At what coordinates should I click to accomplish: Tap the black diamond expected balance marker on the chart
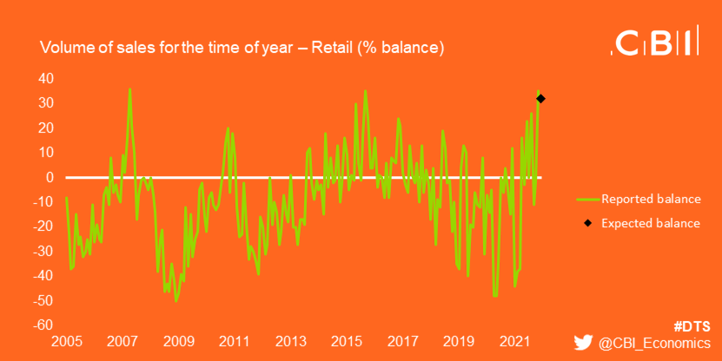click(x=540, y=99)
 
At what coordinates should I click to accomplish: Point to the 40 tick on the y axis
click(x=46, y=78)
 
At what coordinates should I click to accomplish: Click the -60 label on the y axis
click(x=44, y=325)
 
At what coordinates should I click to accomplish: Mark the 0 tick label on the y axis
click(x=50, y=177)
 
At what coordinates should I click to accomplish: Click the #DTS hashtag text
click(x=692, y=326)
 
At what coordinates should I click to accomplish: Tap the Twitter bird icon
click(x=583, y=344)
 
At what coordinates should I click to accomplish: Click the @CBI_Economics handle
click(x=654, y=345)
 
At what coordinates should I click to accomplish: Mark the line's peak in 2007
click(x=129, y=89)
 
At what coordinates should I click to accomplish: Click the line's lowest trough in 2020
click(x=495, y=296)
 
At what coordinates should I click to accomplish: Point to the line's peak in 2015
click(x=365, y=90)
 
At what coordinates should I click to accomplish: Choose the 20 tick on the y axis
click(x=46, y=128)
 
